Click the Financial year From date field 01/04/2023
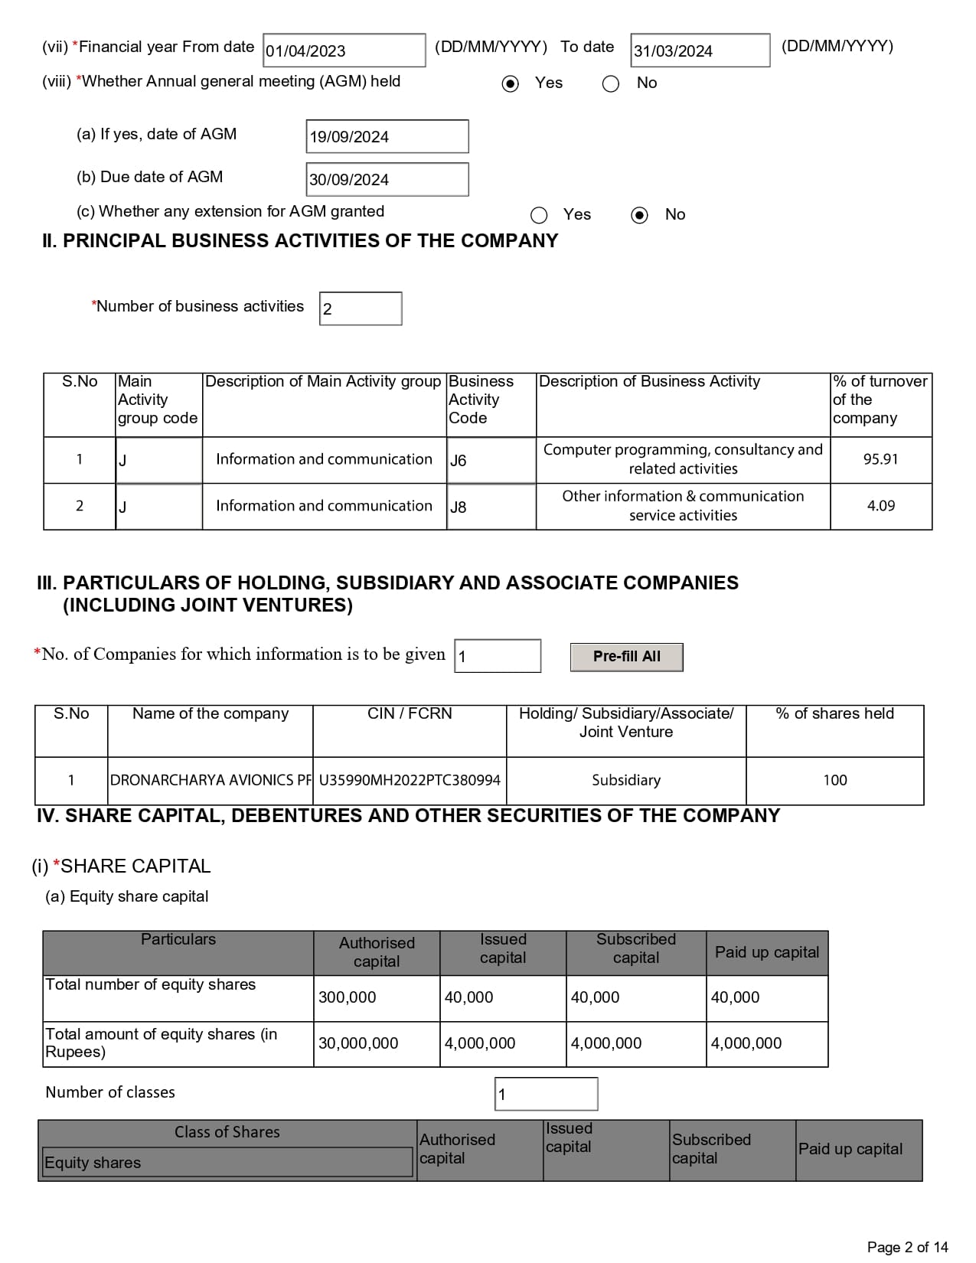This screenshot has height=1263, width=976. click(x=344, y=51)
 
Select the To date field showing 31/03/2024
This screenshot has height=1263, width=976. click(x=700, y=51)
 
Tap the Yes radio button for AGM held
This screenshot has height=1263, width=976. click(x=511, y=83)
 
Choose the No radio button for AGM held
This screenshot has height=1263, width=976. click(x=611, y=83)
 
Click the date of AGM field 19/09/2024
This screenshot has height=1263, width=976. click(x=387, y=136)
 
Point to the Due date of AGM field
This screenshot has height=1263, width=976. click(x=387, y=179)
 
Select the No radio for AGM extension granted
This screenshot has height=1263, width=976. click(x=639, y=215)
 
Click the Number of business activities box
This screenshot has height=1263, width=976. click(x=361, y=308)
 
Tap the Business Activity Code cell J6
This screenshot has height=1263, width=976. click(x=491, y=460)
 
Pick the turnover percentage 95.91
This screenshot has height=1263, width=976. click(x=880, y=459)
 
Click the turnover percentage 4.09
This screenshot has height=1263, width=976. click(x=880, y=506)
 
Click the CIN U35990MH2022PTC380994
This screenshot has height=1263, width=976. click(x=410, y=780)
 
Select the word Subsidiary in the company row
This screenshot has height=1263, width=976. click(x=626, y=780)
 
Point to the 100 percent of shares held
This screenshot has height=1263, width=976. click(x=835, y=780)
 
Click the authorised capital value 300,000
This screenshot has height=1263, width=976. click(x=348, y=997)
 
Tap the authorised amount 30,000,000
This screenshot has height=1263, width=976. click(x=358, y=1043)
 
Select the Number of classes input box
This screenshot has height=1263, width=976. click(x=546, y=1094)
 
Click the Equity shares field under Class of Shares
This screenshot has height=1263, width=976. click(x=227, y=1162)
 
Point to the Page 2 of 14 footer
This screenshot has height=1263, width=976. click(x=907, y=1247)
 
